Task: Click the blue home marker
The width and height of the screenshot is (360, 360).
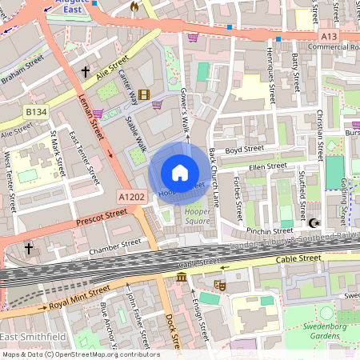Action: pyautogui.click(x=180, y=173)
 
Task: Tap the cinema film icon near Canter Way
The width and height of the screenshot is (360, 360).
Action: pyautogui.click(x=143, y=95)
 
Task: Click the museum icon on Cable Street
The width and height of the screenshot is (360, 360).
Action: pyautogui.click(x=182, y=277)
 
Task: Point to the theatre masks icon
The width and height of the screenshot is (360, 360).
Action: pyautogui.click(x=222, y=284)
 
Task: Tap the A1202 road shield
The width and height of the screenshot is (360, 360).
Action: pyautogui.click(x=131, y=196)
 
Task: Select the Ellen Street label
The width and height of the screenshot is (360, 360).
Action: pyautogui.click(x=267, y=167)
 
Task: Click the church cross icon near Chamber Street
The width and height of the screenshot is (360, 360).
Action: pyautogui.click(x=29, y=249)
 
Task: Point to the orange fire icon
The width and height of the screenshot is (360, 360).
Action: pyautogui.click(x=134, y=6)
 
